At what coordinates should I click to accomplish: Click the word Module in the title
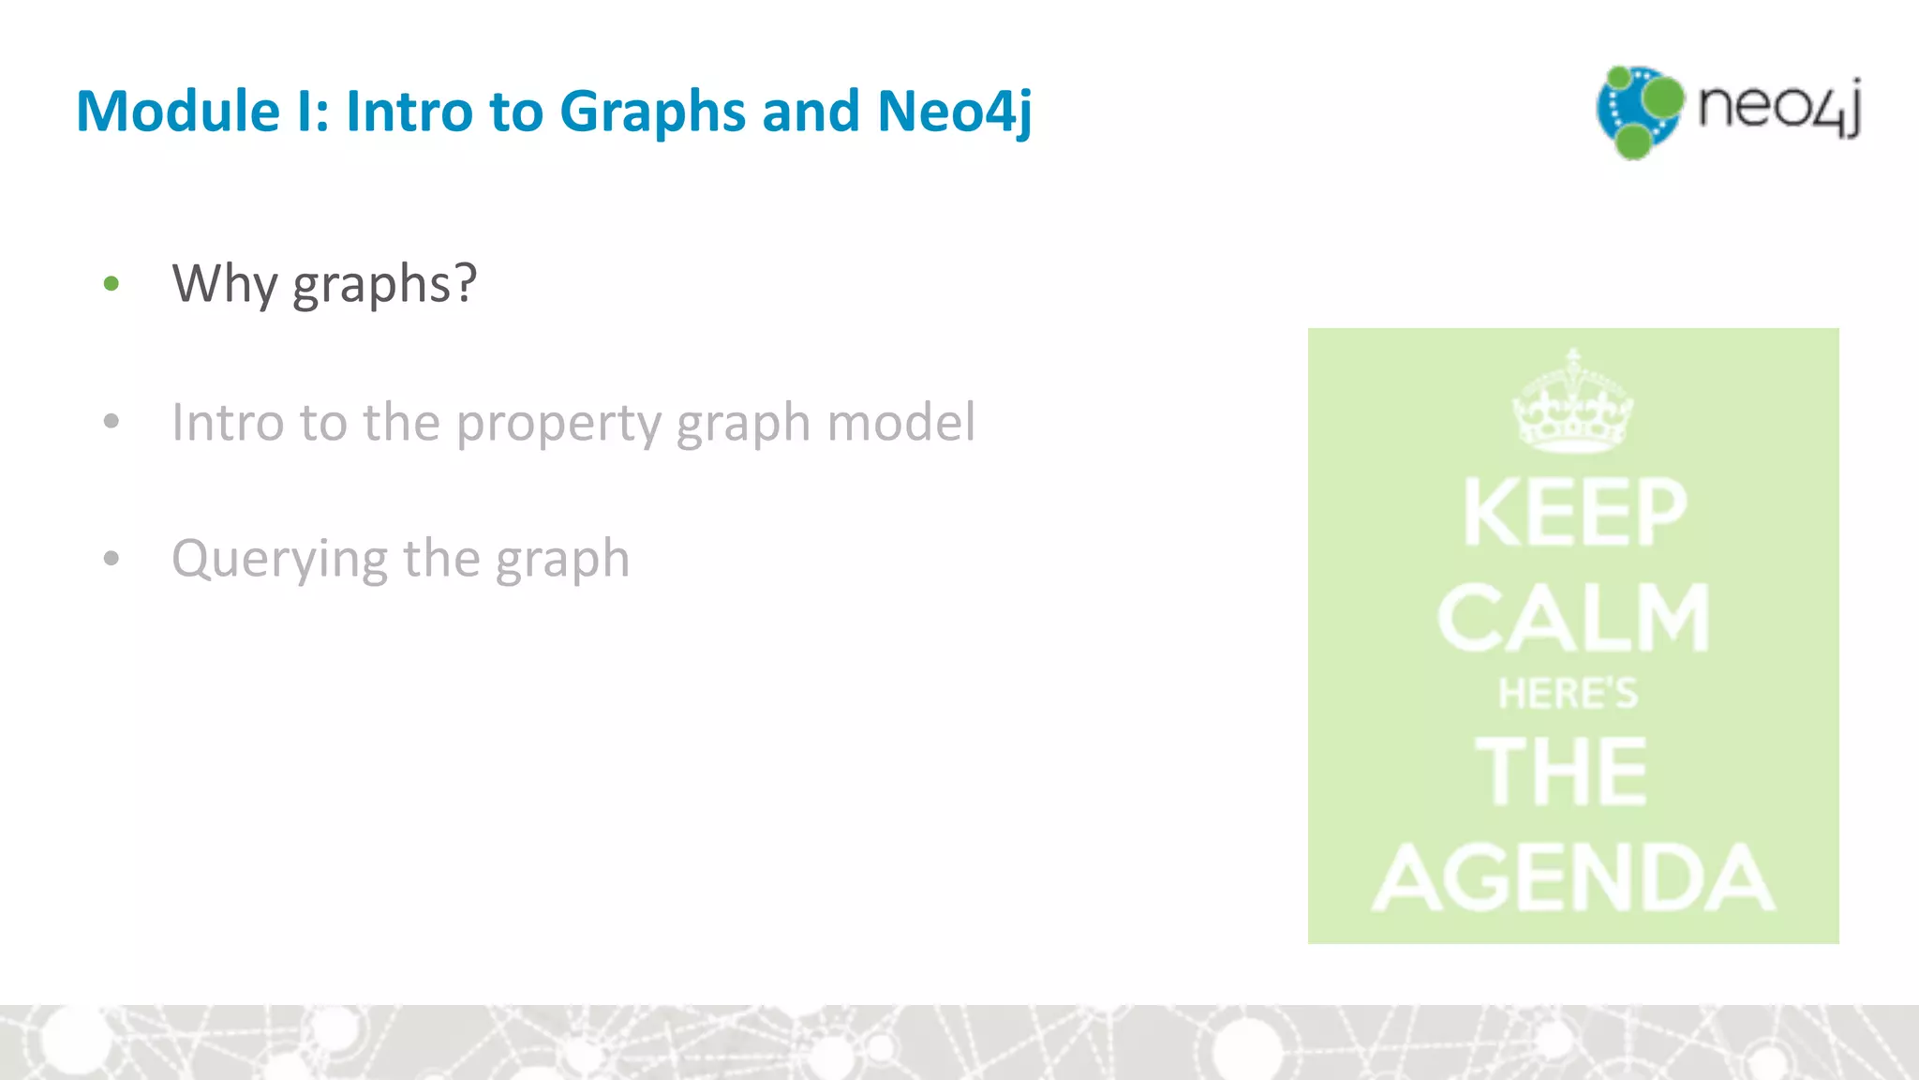coord(178,111)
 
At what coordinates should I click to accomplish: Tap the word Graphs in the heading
coord(652,111)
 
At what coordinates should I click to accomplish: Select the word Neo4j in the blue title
coord(954,111)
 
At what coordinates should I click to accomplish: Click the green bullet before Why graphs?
coord(112,283)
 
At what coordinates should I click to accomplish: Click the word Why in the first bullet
coord(225,283)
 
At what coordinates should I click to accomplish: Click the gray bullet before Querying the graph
coord(112,559)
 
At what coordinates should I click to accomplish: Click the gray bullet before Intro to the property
coord(112,422)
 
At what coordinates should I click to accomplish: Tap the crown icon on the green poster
coord(1572,403)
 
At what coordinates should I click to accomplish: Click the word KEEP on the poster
coord(1574,512)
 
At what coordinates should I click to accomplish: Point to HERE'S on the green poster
coord(1568,694)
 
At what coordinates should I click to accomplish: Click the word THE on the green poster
coord(1561,771)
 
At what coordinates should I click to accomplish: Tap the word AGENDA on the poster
coord(1574,877)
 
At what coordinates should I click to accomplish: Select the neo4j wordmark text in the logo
coord(1778,107)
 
